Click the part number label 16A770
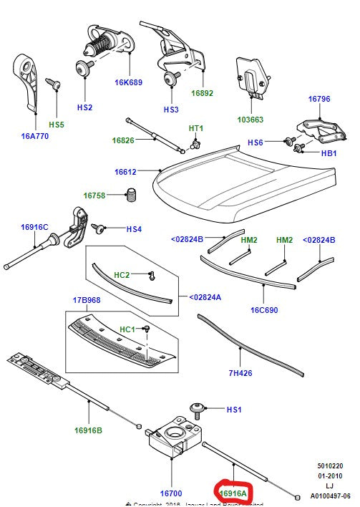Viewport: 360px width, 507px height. click(x=34, y=135)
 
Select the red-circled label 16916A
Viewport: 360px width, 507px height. click(x=233, y=493)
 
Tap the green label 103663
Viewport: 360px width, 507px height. click(x=250, y=120)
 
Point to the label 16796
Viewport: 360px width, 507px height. click(x=319, y=99)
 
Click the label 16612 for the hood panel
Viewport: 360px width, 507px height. click(x=126, y=172)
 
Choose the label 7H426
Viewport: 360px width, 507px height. click(x=240, y=372)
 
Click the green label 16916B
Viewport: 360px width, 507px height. click(x=88, y=430)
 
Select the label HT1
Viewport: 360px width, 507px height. click(x=196, y=128)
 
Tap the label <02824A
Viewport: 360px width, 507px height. click(x=205, y=296)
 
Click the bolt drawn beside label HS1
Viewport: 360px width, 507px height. click(x=198, y=409)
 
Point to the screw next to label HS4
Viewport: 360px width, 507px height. click(x=99, y=229)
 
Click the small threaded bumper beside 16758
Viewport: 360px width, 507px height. click(x=132, y=194)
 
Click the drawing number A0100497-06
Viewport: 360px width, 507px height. click(x=330, y=496)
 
